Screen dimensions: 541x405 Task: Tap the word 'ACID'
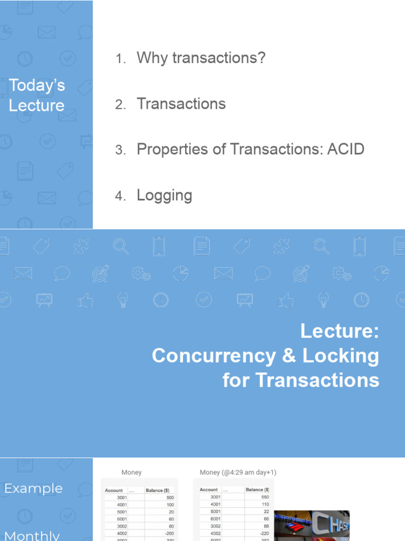point(345,150)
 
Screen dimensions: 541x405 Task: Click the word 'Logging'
point(164,195)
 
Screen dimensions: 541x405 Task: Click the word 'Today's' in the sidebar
point(37,85)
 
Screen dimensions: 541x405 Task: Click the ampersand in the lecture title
point(288,356)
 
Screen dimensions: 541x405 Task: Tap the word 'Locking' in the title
point(341,356)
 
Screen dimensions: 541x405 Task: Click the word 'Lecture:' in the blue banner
point(340,331)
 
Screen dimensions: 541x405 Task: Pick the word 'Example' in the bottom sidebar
point(33,489)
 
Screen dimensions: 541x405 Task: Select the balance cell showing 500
point(169,498)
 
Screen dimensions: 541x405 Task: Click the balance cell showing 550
point(263,497)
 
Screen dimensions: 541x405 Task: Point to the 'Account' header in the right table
point(209,490)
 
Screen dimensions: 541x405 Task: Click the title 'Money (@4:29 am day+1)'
point(238,472)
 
